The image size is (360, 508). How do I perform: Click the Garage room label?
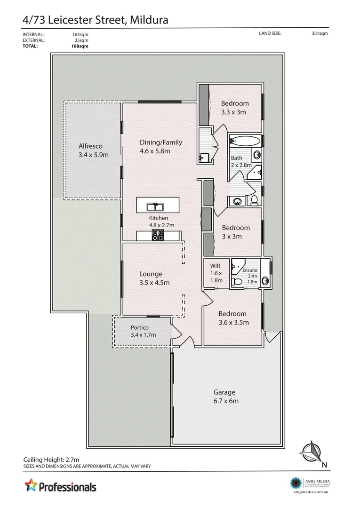pos(224,392)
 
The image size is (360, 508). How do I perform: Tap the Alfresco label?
pos(90,146)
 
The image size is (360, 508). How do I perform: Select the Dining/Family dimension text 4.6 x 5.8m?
pos(155,151)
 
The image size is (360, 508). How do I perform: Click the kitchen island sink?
pos(155,206)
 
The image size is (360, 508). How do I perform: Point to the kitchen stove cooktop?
pos(157,236)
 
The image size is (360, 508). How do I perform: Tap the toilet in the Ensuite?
pos(238,282)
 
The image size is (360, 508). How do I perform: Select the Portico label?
pos(140,327)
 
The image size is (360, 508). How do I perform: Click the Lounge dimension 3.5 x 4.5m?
pos(154,283)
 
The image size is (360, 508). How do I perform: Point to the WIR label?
pos(215,266)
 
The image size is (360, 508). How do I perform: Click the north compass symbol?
pos(311,452)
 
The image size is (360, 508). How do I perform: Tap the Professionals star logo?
pos(31,484)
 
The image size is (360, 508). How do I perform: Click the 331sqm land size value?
pos(320,34)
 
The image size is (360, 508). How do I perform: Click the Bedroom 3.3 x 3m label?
pos(235,103)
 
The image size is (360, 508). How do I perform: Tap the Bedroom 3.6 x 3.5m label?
pos(232,314)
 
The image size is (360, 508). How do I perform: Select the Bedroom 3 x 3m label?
pos(236,228)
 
